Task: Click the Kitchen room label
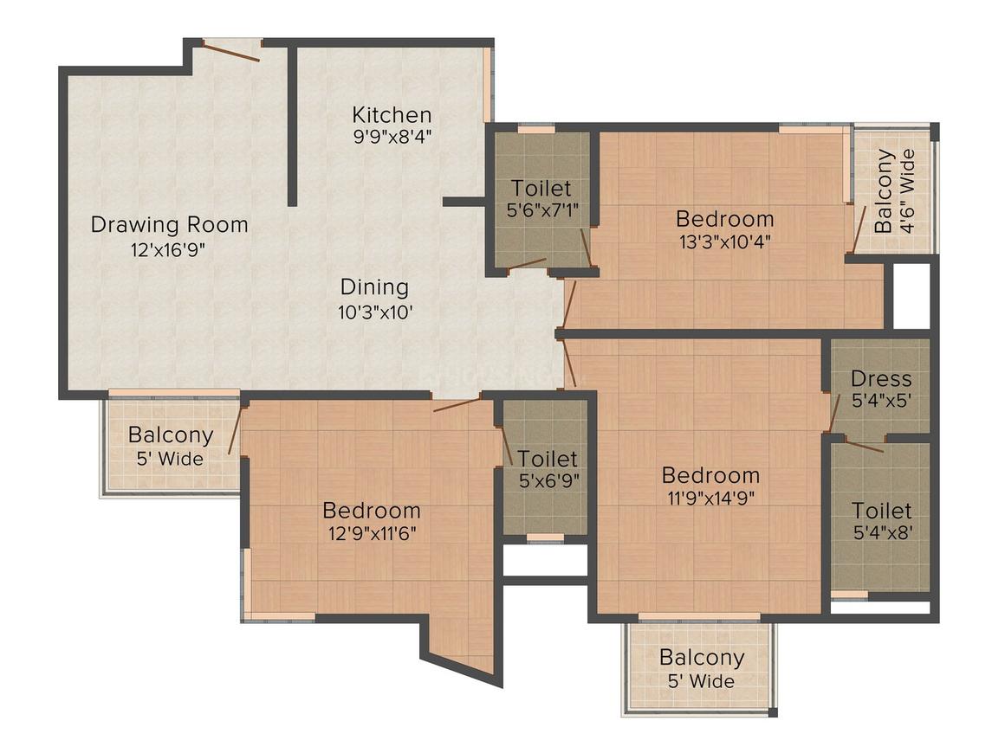pyautogui.click(x=392, y=114)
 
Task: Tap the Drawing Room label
pyautogui.click(x=170, y=225)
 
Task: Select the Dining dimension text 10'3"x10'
pyautogui.click(x=374, y=312)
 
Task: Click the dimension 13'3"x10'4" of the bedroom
pyautogui.click(x=724, y=241)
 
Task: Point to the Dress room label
pyautogui.click(x=881, y=378)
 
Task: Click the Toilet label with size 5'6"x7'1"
pyautogui.click(x=541, y=188)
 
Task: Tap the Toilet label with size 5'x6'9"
pyautogui.click(x=548, y=458)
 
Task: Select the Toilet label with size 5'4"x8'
pyautogui.click(x=881, y=510)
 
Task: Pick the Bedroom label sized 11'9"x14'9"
pyautogui.click(x=710, y=474)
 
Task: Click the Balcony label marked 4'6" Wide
pyautogui.click(x=884, y=192)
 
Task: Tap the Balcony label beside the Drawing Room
pyautogui.click(x=171, y=434)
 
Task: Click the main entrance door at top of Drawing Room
pyautogui.click(x=231, y=51)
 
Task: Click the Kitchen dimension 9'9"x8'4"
pyautogui.click(x=392, y=136)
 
